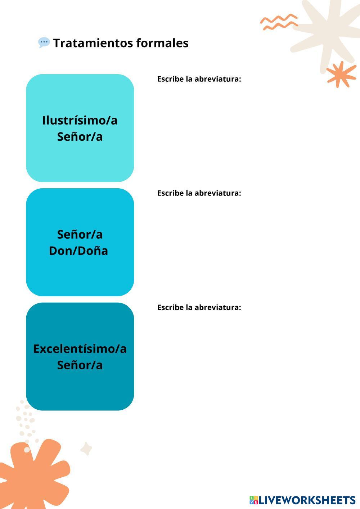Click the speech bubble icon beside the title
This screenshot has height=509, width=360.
click(44, 42)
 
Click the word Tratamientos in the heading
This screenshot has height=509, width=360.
click(93, 43)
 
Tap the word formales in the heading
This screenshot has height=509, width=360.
click(162, 43)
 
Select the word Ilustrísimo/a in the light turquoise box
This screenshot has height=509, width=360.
click(80, 120)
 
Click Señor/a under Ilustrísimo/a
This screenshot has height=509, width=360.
click(80, 137)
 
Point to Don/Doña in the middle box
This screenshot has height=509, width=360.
click(78, 251)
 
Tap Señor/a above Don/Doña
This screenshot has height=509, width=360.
click(80, 234)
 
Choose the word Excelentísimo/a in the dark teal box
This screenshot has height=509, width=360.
click(80, 349)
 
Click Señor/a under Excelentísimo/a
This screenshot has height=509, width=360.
click(80, 365)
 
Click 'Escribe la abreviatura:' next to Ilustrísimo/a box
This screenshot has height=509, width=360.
click(199, 79)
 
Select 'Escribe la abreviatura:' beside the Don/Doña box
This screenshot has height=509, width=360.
click(199, 193)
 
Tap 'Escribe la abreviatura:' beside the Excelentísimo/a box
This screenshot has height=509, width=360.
click(199, 307)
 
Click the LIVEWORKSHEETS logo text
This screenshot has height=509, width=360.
click(307, 500)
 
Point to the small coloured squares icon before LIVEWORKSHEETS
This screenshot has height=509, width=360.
click(254, 500)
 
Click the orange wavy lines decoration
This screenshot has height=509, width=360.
click(279, 22)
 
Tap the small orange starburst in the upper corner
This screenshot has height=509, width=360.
click(341, 74)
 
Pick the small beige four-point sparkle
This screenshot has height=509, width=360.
click(86, 449)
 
